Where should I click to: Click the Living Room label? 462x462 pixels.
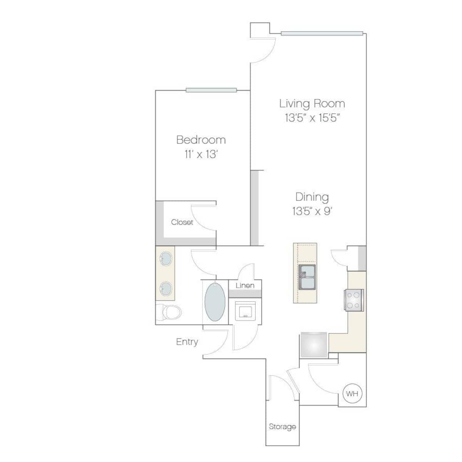312,104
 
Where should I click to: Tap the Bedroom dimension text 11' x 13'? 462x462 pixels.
201,154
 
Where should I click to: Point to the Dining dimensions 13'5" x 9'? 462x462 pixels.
312,211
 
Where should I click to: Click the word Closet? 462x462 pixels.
182,222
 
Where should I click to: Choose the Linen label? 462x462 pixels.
245,285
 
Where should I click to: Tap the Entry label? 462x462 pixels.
187,342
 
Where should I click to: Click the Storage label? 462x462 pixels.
282,427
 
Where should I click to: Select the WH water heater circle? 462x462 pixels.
352,393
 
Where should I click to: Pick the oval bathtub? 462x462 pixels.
215,302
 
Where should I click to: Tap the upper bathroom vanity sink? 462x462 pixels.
166,259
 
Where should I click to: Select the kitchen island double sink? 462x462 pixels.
307,277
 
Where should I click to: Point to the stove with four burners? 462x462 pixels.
354,300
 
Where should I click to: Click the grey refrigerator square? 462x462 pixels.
314,345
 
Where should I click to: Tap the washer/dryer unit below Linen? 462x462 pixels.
245,311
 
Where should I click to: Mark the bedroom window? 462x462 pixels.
211,90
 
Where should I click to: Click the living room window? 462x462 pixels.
322,33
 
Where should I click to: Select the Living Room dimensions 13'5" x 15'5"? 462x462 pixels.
312,118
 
